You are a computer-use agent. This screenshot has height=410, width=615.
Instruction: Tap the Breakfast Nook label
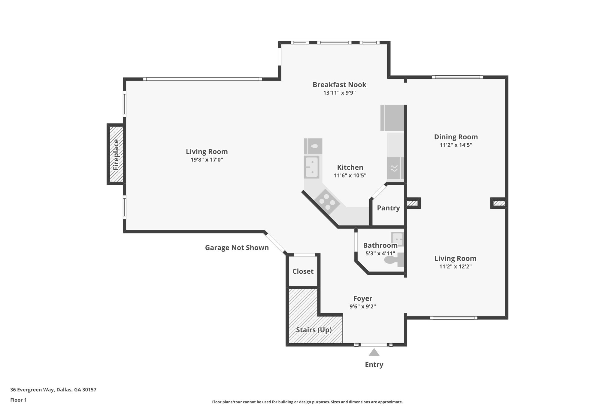339,85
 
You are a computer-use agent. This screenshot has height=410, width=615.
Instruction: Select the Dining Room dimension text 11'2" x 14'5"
456,145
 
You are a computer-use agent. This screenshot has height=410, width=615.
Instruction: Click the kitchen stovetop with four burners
327,202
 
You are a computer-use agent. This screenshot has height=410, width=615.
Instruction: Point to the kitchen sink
312,167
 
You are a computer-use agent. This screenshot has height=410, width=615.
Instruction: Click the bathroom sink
397,239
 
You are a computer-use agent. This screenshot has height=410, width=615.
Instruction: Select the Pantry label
388,208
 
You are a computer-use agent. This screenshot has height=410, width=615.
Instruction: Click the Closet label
303,271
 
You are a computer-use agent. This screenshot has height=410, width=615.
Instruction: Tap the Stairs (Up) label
314,330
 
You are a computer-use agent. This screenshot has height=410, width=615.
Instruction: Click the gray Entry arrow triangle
374,352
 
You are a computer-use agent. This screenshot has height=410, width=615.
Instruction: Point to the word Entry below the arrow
374,365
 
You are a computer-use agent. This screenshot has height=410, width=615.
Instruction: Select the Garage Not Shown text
237,248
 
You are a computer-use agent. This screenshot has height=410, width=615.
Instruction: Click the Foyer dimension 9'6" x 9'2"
363,306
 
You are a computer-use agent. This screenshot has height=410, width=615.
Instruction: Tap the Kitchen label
350,167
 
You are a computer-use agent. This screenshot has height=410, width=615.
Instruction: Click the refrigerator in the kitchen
392,118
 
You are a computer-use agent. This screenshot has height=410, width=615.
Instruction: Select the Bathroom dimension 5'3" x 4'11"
380,253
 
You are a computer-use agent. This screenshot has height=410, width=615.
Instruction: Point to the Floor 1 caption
18,400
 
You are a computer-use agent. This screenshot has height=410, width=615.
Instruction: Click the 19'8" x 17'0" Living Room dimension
207,159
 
